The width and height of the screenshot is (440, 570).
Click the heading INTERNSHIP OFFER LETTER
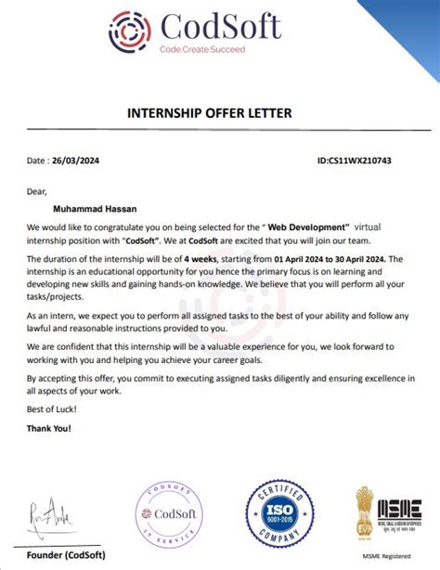(x=209, y=113)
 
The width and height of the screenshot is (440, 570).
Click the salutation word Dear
(x=37, y=192)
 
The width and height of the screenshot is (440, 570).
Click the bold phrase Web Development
(x=307, y=227)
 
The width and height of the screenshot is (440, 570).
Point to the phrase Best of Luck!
(x=52, y=410)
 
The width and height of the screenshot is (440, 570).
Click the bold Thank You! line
(x=49, y=428)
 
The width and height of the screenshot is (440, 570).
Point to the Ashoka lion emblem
(x=365, y=513)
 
